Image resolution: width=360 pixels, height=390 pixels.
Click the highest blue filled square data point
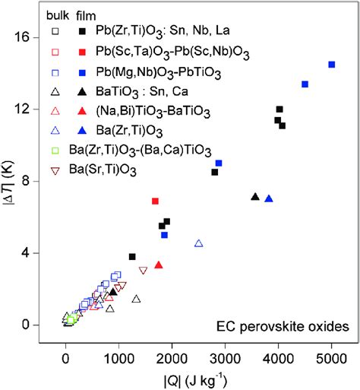[331, 65]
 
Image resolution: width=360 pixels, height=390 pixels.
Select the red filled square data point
[155, 201]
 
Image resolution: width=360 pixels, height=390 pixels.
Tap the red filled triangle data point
[159, 265]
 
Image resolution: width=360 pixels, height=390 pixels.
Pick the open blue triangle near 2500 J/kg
[198, 243]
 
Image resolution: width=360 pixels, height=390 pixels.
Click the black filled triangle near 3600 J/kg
[255, 197]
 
